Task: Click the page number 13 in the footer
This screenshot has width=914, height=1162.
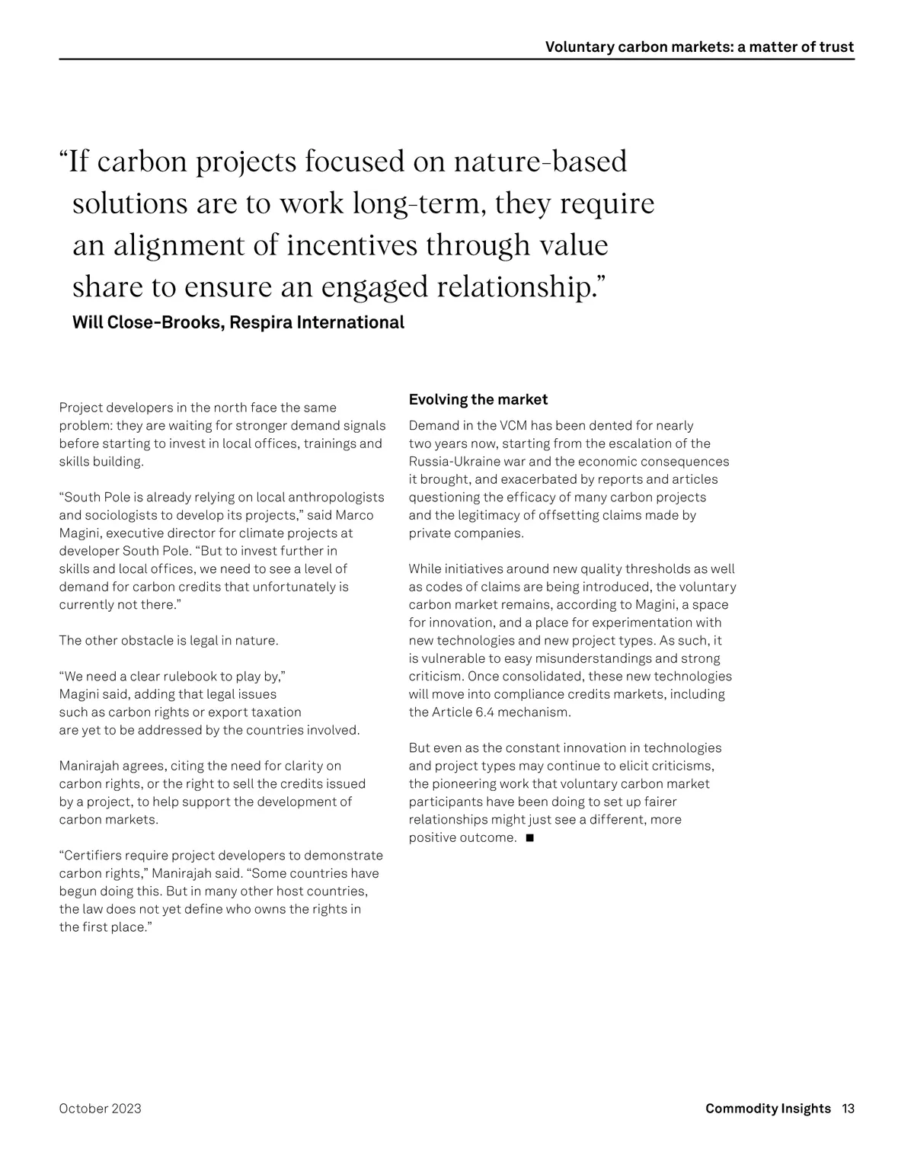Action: [848, 1109]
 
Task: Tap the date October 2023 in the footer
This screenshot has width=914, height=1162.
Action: [100, 1109]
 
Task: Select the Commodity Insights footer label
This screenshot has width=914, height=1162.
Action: [768, 1109]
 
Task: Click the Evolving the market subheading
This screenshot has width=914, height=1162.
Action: [478, 399]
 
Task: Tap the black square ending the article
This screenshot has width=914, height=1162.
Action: [529, 838]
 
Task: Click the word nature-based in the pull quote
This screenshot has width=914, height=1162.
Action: [540, 162]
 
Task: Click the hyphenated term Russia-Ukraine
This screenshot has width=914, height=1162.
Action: [452, 462]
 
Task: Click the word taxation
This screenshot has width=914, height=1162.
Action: [275, 712]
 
